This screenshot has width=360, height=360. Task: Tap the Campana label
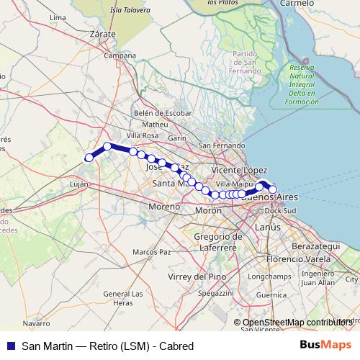click(x=120, y=55)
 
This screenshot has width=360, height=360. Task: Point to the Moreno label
click(x=163, y=207)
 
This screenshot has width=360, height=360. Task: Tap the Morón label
click(x=209, y=211)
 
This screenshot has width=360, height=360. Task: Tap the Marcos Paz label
click(x=151, y=252)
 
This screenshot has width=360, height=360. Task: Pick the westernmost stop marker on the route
click(x=89, y=158)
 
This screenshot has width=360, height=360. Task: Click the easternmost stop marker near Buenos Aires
click(x=272, y=189)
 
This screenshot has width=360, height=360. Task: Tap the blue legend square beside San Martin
click(x=10, y=346)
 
